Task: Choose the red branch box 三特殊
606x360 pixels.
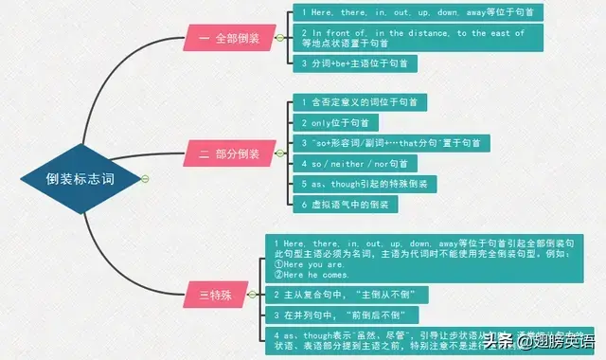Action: [x=217, y=295]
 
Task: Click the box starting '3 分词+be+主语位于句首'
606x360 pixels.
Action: [x=353, y=63]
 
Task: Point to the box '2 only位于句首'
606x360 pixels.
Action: [x=335, y=122]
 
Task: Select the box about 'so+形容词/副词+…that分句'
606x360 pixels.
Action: [x=388, y=142]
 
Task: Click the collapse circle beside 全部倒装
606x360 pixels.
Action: [x=280, y=39]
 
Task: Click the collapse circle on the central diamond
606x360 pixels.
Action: [x=145, y=179]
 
